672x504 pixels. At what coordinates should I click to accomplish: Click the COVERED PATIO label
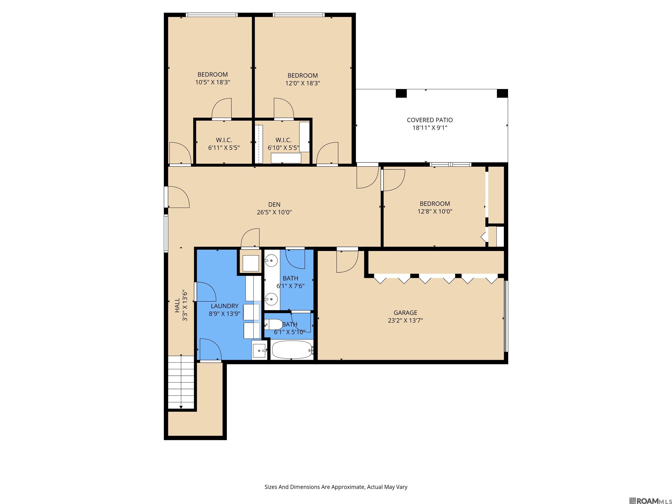click(x=430, y=120)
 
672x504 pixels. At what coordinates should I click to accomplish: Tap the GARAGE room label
click(x=405, y=313)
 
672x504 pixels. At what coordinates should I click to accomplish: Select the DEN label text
click(x=274, y=205)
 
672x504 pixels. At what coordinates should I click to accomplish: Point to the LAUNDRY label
click(x=224, y=306)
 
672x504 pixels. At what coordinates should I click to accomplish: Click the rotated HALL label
click(x=177, y=305)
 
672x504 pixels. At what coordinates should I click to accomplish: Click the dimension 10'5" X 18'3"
click(x=213, y=82)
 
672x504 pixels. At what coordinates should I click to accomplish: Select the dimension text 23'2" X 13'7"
click(x=405, y=320)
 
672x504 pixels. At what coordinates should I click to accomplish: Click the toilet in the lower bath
click(x=273, y=324)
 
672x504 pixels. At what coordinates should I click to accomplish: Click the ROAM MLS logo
click(x=650, y=501)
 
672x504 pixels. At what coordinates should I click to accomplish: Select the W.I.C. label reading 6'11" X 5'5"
click(x=224, y=144)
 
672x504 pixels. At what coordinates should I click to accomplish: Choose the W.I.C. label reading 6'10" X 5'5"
click(x=283, y=144)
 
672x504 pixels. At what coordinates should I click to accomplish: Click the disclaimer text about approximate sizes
click(x=336, y=487)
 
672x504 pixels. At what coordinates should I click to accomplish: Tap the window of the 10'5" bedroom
click(x=212, y=15)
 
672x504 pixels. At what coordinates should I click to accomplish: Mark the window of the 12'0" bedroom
click(x=299, y=15)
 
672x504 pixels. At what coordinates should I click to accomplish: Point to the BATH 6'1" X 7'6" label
click(x=290, y=282)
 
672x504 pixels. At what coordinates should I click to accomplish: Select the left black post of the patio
click(x=401, y=93)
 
